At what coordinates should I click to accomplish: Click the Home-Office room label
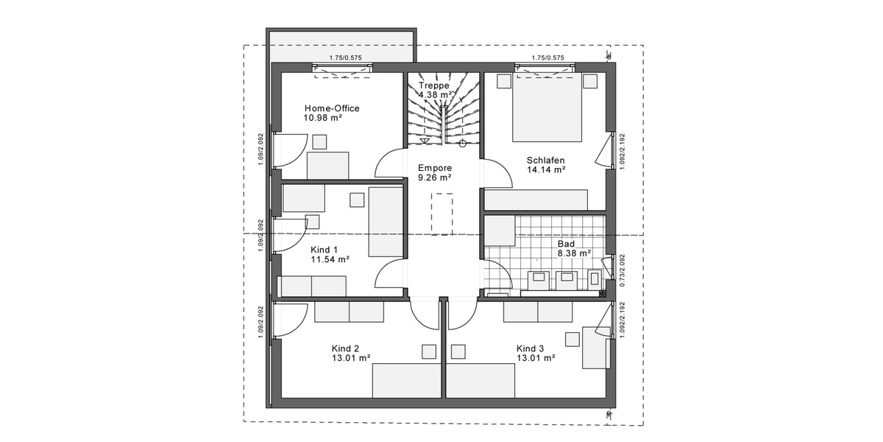(332, 108)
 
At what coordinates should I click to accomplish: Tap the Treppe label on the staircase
(433, 85)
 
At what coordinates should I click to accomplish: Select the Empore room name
(434, 167)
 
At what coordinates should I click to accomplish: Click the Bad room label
(566, 243)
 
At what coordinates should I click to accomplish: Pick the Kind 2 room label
(345, 348)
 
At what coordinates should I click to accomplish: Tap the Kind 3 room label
(530, 348)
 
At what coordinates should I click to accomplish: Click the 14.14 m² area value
(545, 169)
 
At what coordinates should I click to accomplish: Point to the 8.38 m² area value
(575, 253)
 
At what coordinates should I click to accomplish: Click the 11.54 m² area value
(330, 259)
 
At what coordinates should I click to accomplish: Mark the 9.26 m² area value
(434, 178)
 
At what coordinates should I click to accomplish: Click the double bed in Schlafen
(548, 107)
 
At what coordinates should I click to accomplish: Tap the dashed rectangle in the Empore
(442, 214)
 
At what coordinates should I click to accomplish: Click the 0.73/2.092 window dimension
(622, 270)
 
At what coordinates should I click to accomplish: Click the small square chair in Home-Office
(319, 141)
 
